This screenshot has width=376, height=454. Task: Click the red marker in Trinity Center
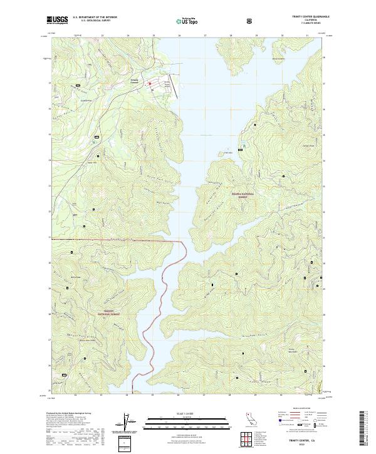(x=150, y=83)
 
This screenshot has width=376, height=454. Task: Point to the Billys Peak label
(x=76, y=277)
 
